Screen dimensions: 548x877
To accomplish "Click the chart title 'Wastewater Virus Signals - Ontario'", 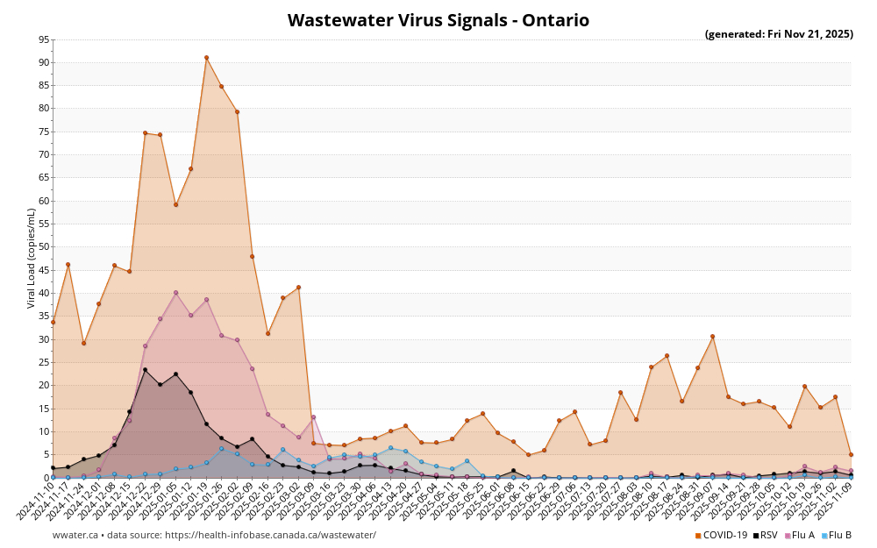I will click(x=438, y=20).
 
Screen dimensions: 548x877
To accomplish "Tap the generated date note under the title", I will click(x=779, y=35).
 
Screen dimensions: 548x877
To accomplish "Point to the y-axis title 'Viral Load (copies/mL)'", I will click(x=32, y=258).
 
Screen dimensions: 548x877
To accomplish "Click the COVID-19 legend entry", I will click(x=721, y=535).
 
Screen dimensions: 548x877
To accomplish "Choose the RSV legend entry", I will click(x=765, y=535).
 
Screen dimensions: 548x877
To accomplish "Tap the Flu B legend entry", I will click(x=837, y=535).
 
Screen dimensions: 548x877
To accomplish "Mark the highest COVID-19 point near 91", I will click(x=206, y=58).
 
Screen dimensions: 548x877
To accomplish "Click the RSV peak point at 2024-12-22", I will click(x=145, y=370).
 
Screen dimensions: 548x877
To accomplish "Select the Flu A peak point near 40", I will click(x=175, y=293).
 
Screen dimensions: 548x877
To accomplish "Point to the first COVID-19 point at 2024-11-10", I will click(x=53, y=322).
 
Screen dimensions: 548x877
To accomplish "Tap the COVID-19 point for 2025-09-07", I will click(x=712, y=337).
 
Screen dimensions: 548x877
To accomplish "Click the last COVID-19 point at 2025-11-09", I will click(x=851, y=454).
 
